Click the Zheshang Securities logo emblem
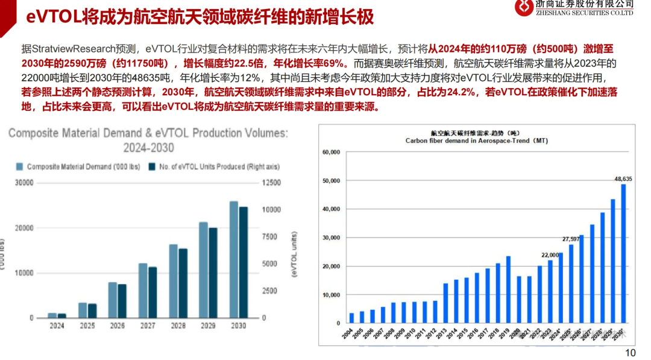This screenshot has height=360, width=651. click(x=524, y=8)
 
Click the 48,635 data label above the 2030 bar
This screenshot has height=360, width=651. click(x=623, y=178)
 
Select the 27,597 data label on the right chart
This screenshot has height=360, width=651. click(x=571, y=239)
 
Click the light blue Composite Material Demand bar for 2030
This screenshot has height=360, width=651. click(x=233, y=259)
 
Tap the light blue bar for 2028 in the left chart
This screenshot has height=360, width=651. click(x=173, y=280)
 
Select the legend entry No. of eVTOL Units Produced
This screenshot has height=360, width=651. click(x=216, y=166)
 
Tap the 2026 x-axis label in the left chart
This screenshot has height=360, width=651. click(x=117, y=326)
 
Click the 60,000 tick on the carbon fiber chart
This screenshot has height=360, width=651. click(x=332, y=152)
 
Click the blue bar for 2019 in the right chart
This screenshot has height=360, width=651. click(x=508, y=289)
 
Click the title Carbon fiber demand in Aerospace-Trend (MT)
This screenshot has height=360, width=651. click(x=476, y=140)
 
